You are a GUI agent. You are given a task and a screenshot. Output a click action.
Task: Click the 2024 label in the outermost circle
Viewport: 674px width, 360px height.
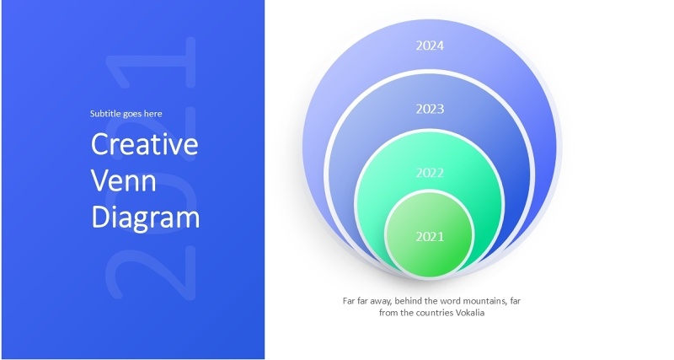click(430, 46)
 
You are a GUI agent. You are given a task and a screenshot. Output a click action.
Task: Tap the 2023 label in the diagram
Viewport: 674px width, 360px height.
click(430, 109)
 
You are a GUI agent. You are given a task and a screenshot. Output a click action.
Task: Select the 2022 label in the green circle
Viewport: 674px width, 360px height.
click(430, 173)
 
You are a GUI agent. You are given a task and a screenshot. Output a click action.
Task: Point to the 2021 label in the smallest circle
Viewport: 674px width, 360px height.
click(430, 237)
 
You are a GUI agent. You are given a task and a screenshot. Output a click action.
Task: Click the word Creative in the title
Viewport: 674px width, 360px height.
click(144, 144)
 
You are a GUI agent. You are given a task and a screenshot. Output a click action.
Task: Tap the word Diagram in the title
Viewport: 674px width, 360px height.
click(145, 218)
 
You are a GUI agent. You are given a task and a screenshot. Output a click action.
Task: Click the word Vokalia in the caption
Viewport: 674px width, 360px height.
click(470, 314)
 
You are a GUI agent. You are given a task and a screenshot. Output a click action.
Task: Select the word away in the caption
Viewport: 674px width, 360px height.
click(377, 300)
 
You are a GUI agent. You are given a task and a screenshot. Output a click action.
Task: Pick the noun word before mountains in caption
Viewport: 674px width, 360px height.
click(447, 300)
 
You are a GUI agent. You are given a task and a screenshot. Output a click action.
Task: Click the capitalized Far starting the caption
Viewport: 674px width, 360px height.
click(348, 300)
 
